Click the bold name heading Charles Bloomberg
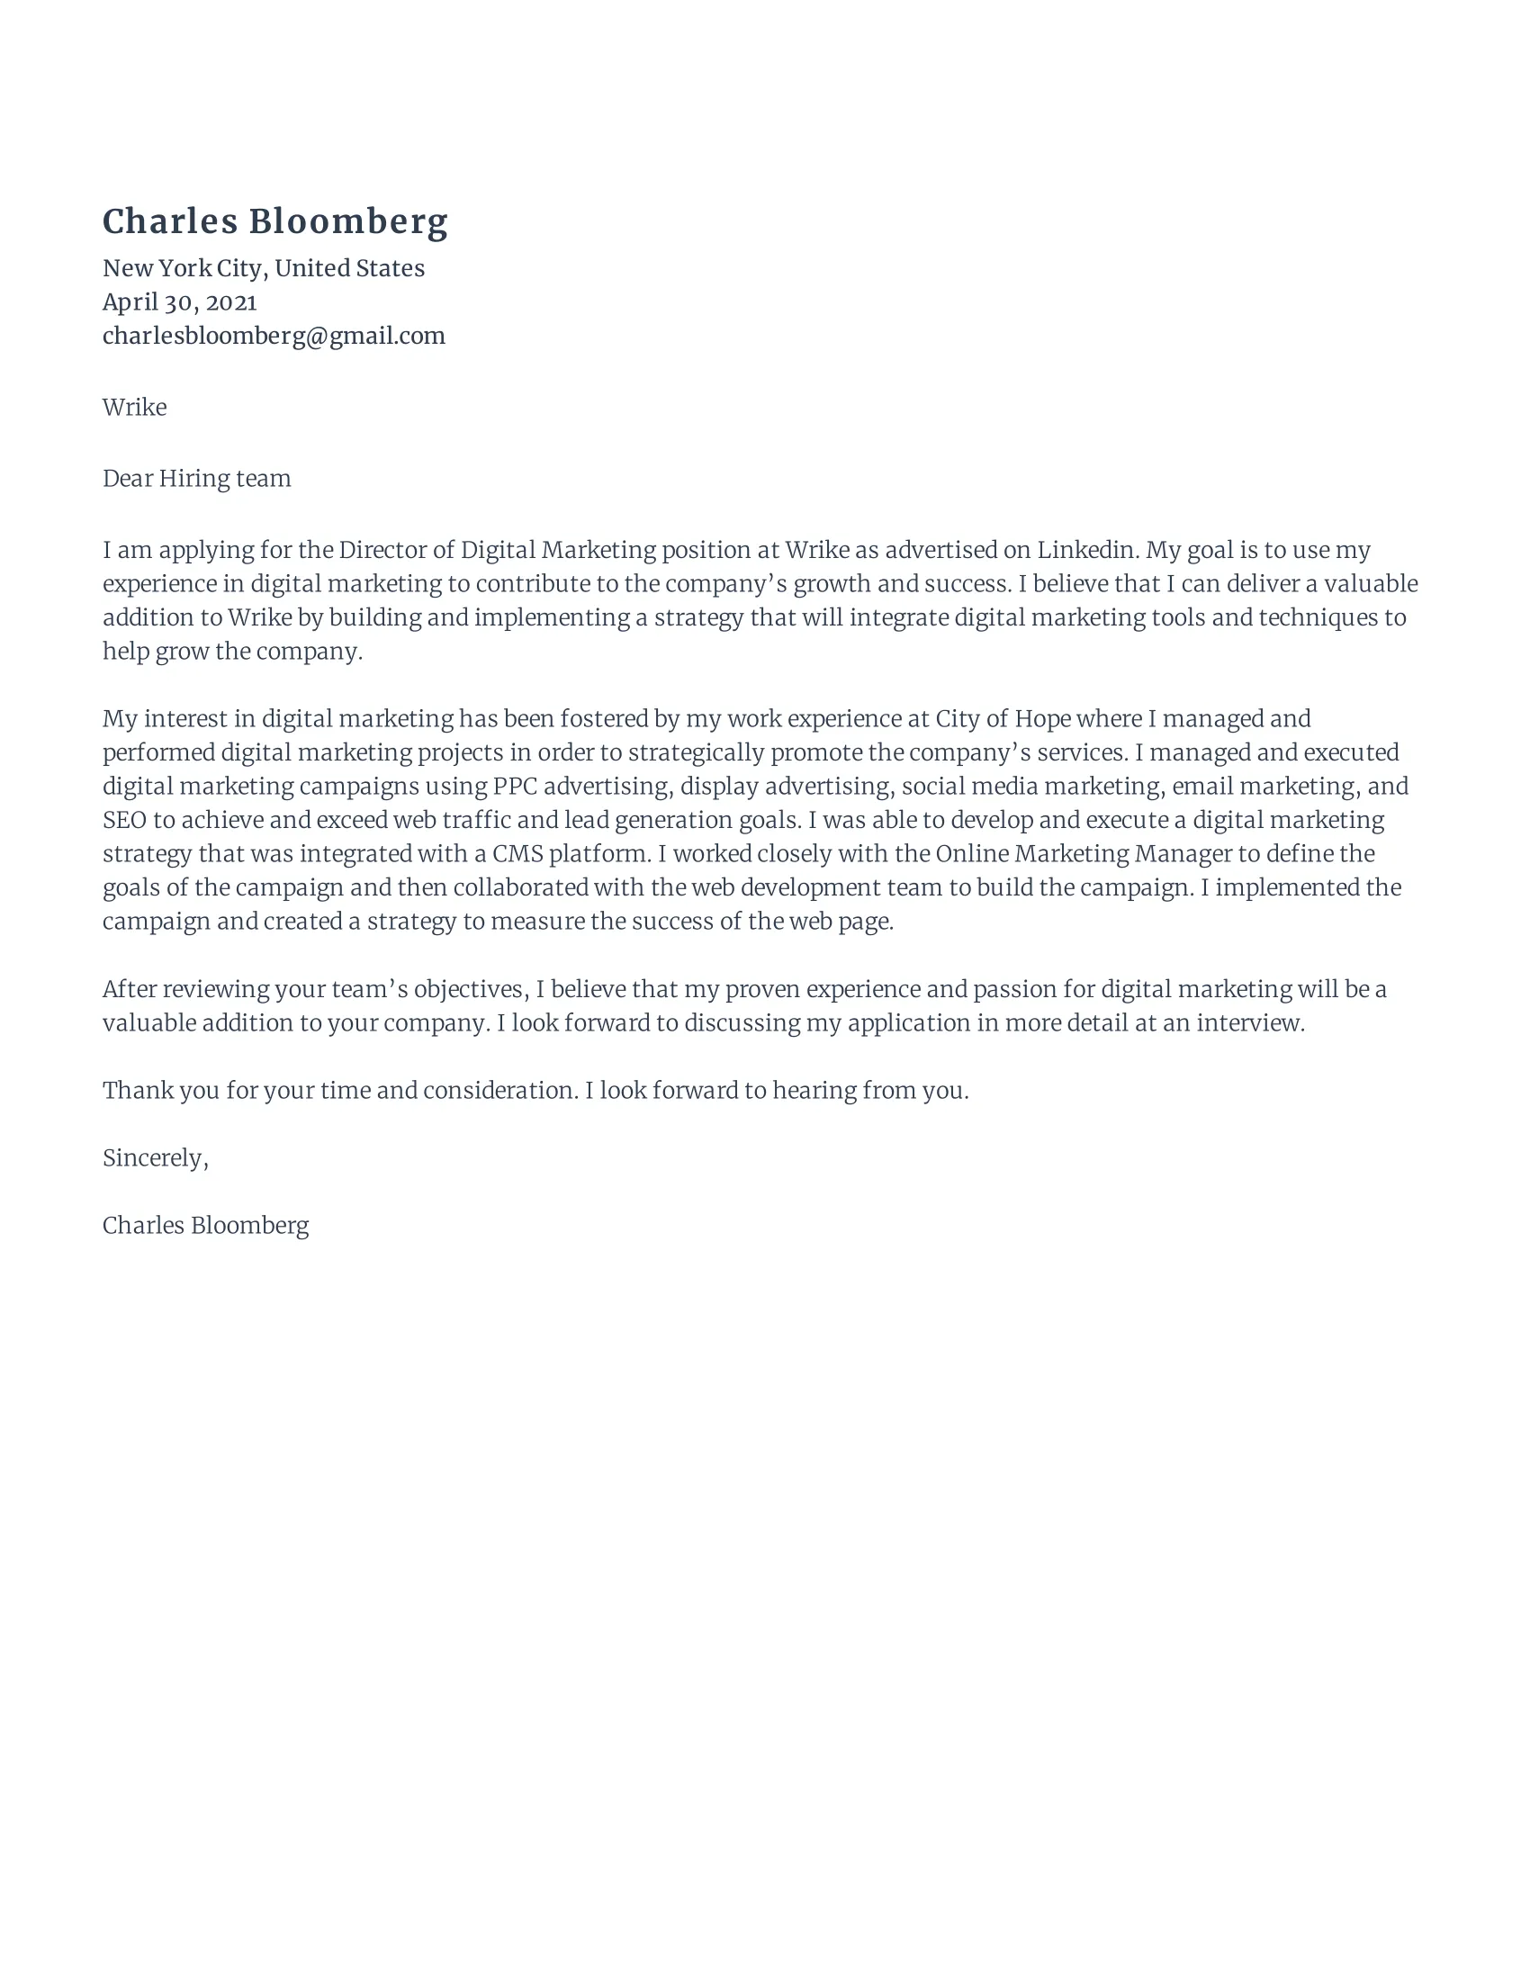pyautogui.click(x=274, y=222)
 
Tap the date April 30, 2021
pyautogui.click(x=179, y=301)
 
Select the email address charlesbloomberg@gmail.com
pyautogui.click(x=274, y=337)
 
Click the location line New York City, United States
pyautogui.click(x=263, y=268)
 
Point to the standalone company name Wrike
pyautogui.click(x=134, y=407)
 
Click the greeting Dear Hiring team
pyautogui.click(x=197, y=479)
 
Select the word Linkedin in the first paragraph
pyautogui.click(x=1085, y=550)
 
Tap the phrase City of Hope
pyautogui.click(x=1003, y=719)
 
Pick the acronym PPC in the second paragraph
pyautogui.click(x=515, y=786)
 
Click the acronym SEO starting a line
pyautogui.click(x=124, y=821)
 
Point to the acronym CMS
pyautogui.click(x=517, y=854)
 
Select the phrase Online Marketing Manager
pyautogui.click(x=1083, y=854)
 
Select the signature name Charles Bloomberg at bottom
pyautogui.click(x=205, y=1226)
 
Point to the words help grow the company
pyautogui.click(x=231, y=652)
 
